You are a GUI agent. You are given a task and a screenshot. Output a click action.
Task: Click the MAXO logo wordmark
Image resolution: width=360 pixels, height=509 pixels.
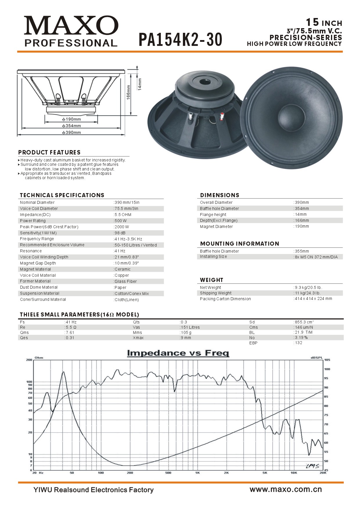(x=71, y=26)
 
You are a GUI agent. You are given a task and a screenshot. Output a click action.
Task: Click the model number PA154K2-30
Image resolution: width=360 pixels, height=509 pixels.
(x=180, y=40)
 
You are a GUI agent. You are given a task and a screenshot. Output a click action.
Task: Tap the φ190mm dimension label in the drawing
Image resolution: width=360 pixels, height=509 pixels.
(x=71, y=119)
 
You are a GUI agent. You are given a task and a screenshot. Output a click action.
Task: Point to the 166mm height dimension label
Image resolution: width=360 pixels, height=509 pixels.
(x=128, y=92)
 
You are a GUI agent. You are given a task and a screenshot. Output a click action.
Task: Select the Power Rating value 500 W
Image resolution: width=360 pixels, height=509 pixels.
(x=120, y=221)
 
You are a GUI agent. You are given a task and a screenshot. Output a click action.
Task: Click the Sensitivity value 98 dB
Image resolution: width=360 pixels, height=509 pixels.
(x=120, y=233)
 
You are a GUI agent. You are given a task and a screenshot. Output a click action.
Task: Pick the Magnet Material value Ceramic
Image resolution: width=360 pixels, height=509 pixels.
(x=122, y=269)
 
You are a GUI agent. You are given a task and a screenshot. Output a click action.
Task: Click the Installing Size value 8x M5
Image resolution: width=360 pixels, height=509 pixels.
(x=316, y=257)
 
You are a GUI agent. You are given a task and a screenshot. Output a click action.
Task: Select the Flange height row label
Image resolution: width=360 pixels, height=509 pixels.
(x=213, y=215)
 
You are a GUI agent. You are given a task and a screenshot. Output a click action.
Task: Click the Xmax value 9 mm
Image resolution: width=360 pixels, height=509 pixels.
(x=186, y=338)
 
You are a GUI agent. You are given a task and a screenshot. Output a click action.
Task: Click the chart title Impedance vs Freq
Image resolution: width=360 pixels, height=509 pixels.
(x=178, y=353)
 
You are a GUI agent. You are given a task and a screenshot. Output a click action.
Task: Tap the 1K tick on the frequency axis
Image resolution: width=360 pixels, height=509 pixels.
(x=197, y=473)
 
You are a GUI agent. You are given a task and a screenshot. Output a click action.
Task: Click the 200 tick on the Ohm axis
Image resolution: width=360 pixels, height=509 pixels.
(x=29, y=360)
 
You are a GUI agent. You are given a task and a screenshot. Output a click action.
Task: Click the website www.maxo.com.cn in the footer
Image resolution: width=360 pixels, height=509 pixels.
(x=286, y=489)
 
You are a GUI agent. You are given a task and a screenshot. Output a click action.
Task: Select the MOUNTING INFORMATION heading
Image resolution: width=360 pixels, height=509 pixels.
(x=240, y=244)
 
